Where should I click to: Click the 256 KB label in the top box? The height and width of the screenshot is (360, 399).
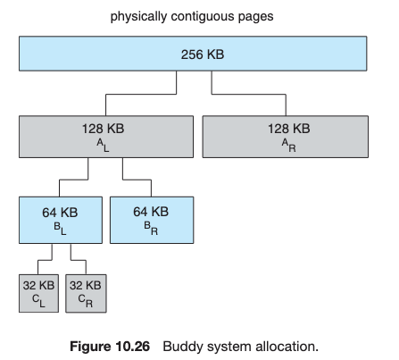203,54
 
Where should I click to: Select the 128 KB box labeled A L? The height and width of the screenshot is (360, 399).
106,137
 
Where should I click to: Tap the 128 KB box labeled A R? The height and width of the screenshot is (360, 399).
286,137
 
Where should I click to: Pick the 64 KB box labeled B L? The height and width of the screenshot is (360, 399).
61,220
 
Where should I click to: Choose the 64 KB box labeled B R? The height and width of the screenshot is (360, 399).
152,220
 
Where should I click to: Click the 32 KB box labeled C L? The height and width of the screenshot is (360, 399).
38,293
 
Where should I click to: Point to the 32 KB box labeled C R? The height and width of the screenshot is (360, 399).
86,293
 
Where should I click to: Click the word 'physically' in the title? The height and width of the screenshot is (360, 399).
138,16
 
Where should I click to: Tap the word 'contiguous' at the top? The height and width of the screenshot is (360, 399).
203,17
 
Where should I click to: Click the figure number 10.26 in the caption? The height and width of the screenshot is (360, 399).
133,347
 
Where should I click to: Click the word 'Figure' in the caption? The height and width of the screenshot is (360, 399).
90,347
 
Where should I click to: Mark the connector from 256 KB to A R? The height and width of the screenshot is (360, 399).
249,95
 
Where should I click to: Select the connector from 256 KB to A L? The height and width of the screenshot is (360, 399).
141,95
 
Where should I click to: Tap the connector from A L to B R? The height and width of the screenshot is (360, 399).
137,180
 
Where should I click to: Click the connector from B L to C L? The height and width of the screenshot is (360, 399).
45,261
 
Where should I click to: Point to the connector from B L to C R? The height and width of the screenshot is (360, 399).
79,261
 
